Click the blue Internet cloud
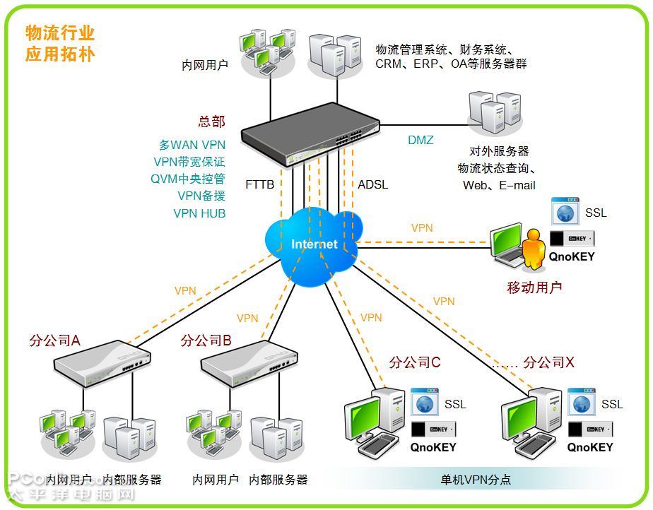[314, 244]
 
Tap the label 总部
[211, 121]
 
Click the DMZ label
[420, 140]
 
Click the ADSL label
[372, 184]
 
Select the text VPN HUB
[199, 213]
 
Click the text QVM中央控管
[187, 179]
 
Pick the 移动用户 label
[534, 287]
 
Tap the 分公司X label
[548, 362]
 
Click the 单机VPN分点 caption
[475, 480]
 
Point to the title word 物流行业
[60, 32]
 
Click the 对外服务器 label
[499, 151]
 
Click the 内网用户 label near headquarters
[205, 66]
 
